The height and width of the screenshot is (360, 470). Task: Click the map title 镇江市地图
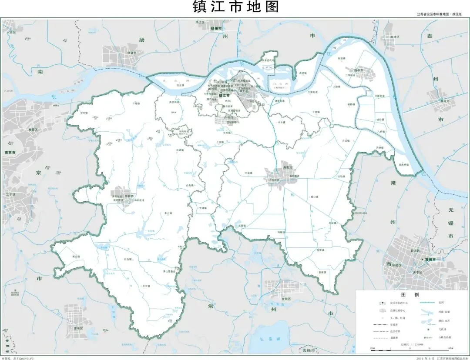pyautogui.click(x=235, y=7)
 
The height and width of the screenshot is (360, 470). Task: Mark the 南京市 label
pyautogui.click(x=10, y=153)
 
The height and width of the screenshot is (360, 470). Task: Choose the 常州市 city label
pyautogui.click(x=430, y=259)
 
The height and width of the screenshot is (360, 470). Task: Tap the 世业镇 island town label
pyautogui.click(x=181, y=85)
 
